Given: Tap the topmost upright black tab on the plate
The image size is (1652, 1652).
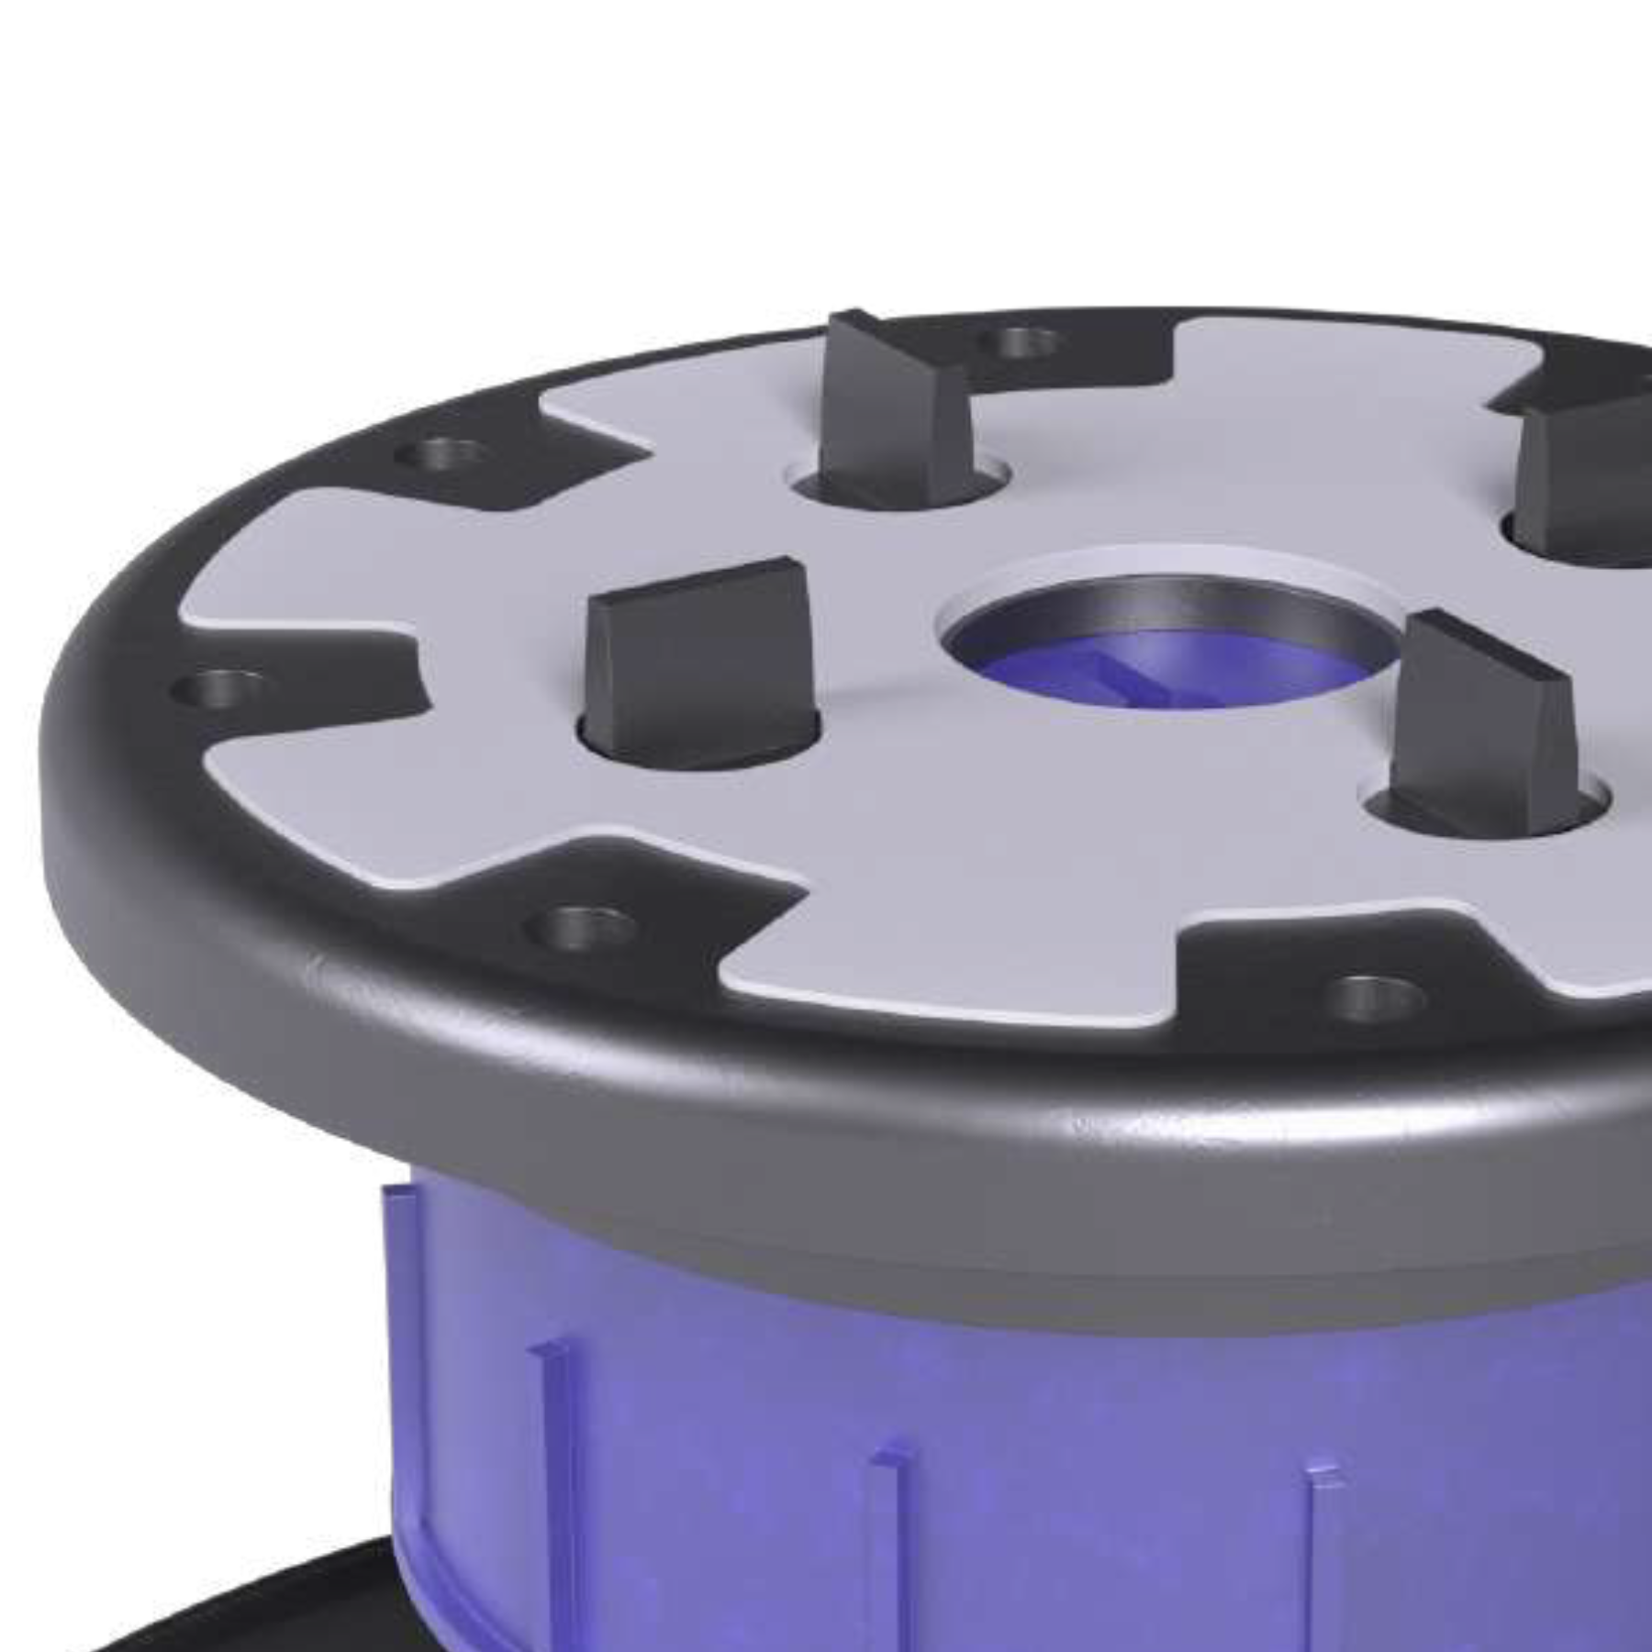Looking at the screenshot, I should (890, 404).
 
